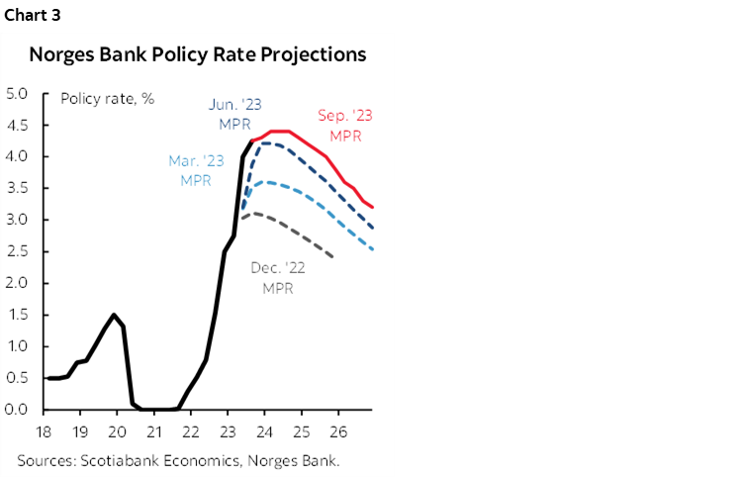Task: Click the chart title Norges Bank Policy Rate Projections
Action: click(x=198, y=54)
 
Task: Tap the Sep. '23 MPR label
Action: click(x=345, y=125)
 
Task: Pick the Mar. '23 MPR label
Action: click(x=196, y=169)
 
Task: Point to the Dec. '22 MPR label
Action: click(x=277, y=277)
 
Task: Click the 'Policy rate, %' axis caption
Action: click(x=107, y=98)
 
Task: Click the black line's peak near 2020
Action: click(x=114, y=315)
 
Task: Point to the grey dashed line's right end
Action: click(x=333, y=257)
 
